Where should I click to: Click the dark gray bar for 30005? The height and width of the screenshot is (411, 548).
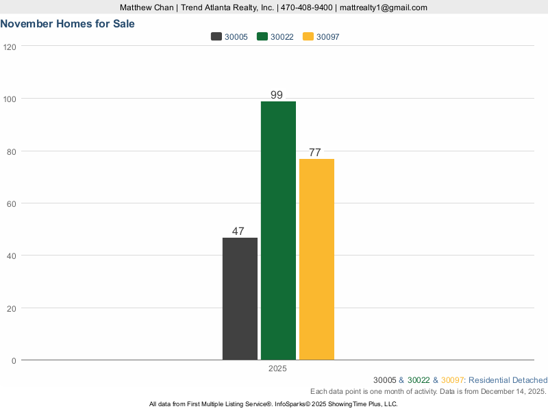(x=240, y=299)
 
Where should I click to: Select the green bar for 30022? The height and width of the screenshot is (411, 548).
(x=278, y=230)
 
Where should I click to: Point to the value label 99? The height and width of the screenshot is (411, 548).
(x=277, y=95)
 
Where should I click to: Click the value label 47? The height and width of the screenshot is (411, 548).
(x=238, y=232)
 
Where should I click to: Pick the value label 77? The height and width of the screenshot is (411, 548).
(x=315, y=153)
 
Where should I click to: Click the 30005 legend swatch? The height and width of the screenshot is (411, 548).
(x=216, y=37)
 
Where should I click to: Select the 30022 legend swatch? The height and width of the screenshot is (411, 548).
(x=262, y=37)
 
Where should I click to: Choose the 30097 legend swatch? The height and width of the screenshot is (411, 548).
(x=308, y=37)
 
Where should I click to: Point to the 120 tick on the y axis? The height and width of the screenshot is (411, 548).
(x=10, y=47)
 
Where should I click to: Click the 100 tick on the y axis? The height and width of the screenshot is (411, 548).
(x=10, y=99)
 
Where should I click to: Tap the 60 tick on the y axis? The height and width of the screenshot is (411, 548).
(x=12, y=203)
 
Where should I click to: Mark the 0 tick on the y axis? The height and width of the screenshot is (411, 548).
(x=14, y=360)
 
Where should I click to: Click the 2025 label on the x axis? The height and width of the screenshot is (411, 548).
(x=277, y=369)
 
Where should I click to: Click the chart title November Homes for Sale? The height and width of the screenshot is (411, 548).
(x=67, y=23)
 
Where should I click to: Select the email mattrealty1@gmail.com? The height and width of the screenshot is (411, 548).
(x=384, y=8)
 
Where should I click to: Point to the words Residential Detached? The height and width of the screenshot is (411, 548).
(x=508, y=380)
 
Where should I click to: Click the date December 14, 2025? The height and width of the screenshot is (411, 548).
(x=509, y=391)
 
